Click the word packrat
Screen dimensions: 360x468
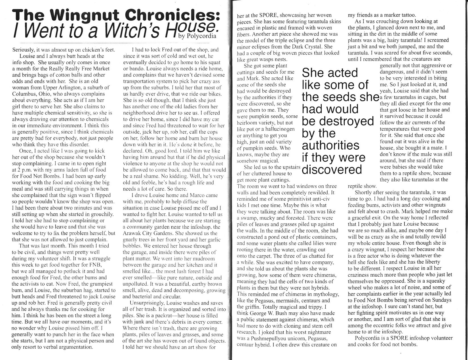(164, 315)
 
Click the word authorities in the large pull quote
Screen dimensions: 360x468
(331, 145)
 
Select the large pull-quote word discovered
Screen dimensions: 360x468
(332, 170)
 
